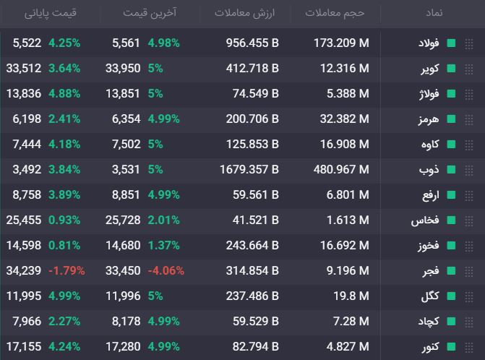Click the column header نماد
click(x=434, y=13)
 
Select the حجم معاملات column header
click(x=335, y=13)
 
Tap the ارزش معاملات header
click(x=244, y=13)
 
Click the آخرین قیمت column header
click(x=150, y=13)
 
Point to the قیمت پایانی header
click(x=51, y=13)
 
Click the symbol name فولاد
click(x=429, y=43)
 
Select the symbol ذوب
click(x=429, y=169)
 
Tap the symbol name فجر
click(x=431, y=271)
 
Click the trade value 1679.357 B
click(x=249, y=169)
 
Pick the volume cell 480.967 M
click(x=341, y=169)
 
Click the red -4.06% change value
click(x=166, y=271)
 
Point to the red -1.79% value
click(x=66, y=271)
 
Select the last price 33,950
click(x=123, y=69)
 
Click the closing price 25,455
click(x=24, y=220)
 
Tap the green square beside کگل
click(x=451, y=296)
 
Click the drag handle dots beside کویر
click(x=469, y=69)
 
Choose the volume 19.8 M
click(x=351, y=296)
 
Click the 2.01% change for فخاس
click(x=163, y=220)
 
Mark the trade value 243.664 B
click(x=252, y=246)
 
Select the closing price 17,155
click(x=24, y=347)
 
